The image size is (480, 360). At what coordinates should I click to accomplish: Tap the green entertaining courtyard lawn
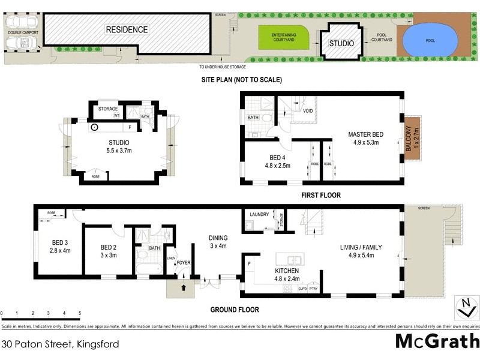tap(283, 38)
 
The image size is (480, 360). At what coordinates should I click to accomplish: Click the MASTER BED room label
tap(365, 134)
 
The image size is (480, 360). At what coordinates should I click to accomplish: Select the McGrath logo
tap(436, 341)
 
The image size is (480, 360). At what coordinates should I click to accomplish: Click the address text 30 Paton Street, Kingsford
tap(60, 344)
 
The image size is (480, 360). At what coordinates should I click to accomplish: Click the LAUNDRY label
tap(259, 214)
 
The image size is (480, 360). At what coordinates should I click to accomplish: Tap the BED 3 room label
tap(59, 242)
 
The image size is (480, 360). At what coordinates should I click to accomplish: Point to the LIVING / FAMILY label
tap(361, 247)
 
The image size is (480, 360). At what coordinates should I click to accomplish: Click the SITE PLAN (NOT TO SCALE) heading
tap(242, 79)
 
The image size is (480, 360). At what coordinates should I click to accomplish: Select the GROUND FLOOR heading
tap(235, 310)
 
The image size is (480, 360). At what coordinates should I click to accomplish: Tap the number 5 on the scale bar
tap(79, 314)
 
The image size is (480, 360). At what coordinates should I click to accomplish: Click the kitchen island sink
tap(294, 259)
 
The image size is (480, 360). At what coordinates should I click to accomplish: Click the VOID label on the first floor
tap(307, 111)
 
